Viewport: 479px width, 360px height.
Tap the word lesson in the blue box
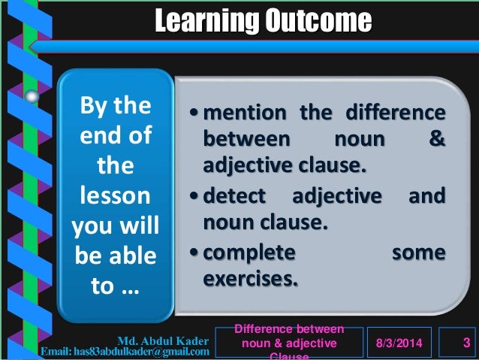point(115,198)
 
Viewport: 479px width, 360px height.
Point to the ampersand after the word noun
point(436,139)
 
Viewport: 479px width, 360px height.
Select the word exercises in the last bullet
point(250,279)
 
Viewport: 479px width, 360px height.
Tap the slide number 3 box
point(466,343)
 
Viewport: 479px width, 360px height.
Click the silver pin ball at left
point(32,96)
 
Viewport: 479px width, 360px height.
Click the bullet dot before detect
point(194,197)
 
